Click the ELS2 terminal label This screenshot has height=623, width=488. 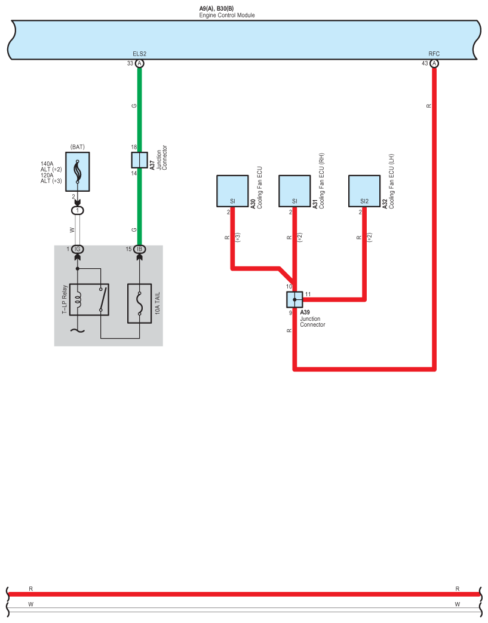coord(139,54)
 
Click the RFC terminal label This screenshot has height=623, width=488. coord(434,54)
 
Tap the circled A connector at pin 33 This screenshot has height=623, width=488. coord(139,63)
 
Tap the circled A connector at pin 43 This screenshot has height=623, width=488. coord(434,63)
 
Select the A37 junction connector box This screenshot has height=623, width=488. coord(139,160)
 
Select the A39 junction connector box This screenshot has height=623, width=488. coord(294,300)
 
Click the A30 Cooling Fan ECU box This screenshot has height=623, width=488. coord(232,191)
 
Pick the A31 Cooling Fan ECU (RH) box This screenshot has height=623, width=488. coord(294,191)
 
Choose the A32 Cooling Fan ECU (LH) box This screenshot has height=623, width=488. coord(364,191)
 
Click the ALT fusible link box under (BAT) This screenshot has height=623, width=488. coord(77,172)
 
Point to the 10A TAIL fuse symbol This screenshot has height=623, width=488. coord(140,303)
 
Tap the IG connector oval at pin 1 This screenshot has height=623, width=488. coord(77,249)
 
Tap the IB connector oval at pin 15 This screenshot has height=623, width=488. coord(139,249)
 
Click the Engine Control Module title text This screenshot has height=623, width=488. coord(227,15)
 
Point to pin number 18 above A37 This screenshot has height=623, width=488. coord(134,147)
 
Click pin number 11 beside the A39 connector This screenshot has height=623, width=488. coord(308,294)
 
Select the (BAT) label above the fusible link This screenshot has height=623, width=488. coord(77,146)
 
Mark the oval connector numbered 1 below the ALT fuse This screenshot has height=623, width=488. coord(77,210)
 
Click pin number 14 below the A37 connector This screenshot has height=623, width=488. coord(134,173)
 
